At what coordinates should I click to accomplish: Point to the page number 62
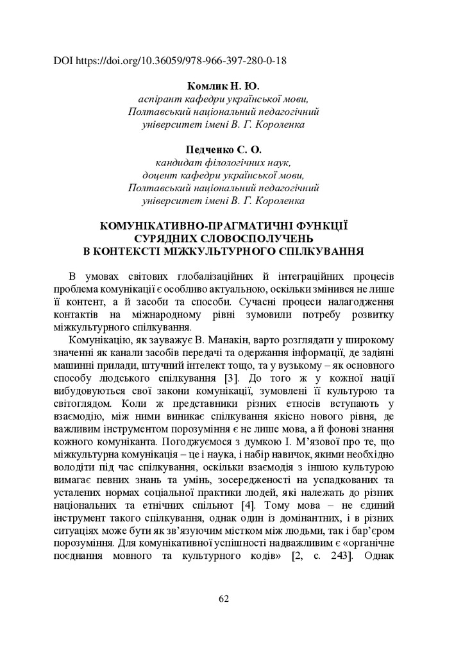(x=224, y=599)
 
